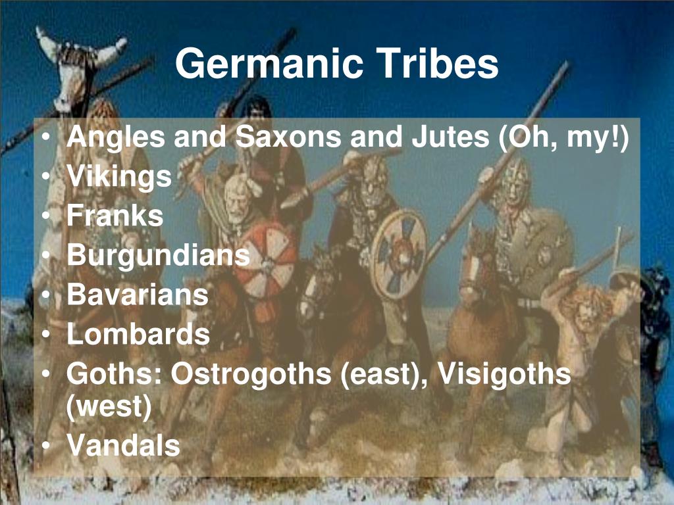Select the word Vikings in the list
coord(118,177)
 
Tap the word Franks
coord(115,216)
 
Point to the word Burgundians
coord(158,256)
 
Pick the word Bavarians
coord(138,295)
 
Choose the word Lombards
coord(138,335)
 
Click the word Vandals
coord(123,446)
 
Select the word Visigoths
coord(504,374)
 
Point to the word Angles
coord(114,138)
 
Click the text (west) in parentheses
coord(109,408)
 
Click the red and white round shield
coord(265,259)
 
